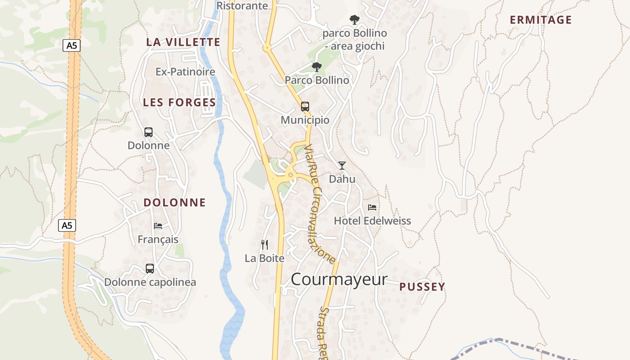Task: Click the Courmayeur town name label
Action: point(338,279)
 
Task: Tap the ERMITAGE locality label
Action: point(540,20)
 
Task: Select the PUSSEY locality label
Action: point(422,287)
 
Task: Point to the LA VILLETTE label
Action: point(183,42)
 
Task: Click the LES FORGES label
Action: point(179,103)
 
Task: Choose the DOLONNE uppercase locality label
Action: point(175,202)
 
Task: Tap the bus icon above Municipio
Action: point(305,107)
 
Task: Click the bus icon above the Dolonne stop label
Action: point(148,132)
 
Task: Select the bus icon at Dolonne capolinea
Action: point(150,269)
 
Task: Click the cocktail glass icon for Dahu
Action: point(342,166)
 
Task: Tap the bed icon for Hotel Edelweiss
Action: point(372,207)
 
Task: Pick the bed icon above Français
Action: point(158,226)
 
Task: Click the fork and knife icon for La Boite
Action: point(265,245)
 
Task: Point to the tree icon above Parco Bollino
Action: point(317,67)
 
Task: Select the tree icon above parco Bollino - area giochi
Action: point(355,20)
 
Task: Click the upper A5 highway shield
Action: point(71,45)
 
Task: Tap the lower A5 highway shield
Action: point(67,225)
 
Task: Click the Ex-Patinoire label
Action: point(185,72)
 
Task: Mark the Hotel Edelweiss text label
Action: point(372,221)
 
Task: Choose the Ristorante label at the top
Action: point(242,6)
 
